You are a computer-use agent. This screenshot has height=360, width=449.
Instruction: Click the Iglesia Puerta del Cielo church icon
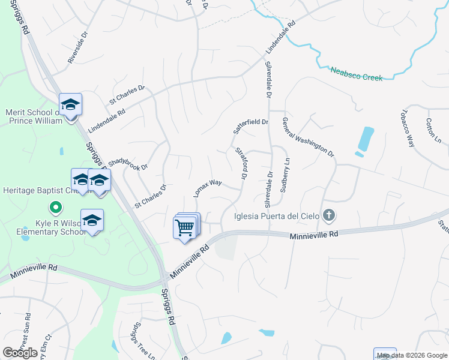[x=328, y=215]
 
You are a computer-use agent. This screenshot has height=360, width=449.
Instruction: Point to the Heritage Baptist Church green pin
[x=56, y=208]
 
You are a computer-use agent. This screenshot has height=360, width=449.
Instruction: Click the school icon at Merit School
[x=71, y=106]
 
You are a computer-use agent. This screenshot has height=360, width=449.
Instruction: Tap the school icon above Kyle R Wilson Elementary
[x=92, y=221]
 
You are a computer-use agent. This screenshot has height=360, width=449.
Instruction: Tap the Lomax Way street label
[x=208, y=188]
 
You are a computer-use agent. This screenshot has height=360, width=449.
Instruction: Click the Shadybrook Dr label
[x=127, y=160]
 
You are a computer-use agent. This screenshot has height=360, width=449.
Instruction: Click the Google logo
[x=20, y=353]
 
